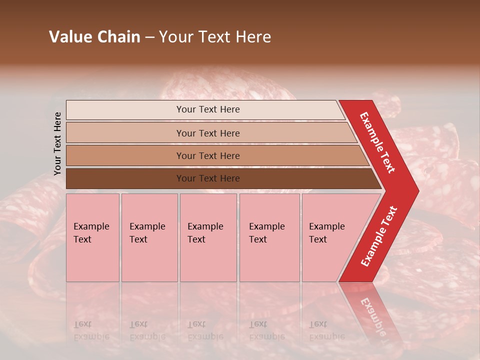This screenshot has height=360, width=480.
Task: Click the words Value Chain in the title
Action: [94, 37]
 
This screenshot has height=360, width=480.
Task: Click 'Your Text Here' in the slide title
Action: [215, 37]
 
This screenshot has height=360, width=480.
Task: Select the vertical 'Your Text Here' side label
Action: [57, 143]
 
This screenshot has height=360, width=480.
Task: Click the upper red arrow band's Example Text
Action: [377, 142]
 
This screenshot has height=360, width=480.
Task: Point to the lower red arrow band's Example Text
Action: [379, 236]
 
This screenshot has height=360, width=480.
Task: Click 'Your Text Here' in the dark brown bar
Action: [208, 178]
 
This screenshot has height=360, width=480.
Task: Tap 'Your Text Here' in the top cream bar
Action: [208, 109]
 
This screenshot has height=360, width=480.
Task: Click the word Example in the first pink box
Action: [91, 226]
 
